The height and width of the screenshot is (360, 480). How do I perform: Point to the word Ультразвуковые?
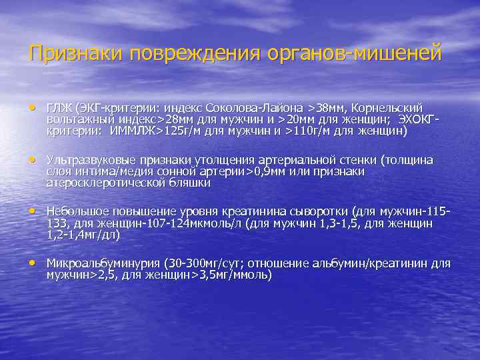click(x=86, y=160)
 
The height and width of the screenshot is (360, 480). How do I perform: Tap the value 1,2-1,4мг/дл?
click(x=84, y=235)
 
